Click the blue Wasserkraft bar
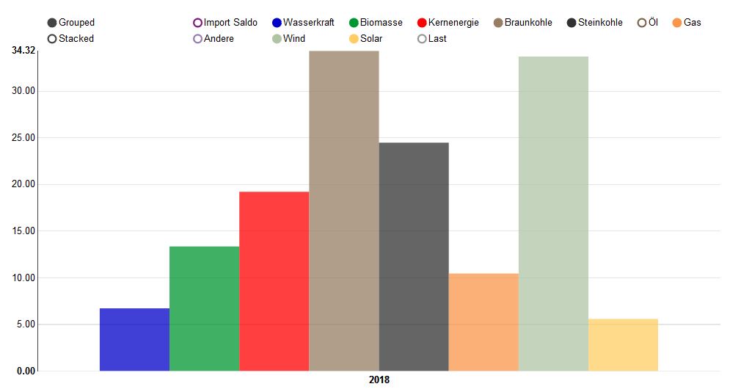(x=134, y=339)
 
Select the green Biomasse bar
(x=204, y=308)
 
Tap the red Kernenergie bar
(x=274, y=281)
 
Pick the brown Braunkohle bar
(x=343, y=211)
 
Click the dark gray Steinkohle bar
(x=414, y=256)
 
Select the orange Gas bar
(x=483, y=322)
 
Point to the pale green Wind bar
(x=553, y=214)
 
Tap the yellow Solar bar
(x=623, y=344)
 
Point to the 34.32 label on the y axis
(x=23, y=50)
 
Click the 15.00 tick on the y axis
(x=23, y=231)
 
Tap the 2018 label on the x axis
(x=379, y=380)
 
